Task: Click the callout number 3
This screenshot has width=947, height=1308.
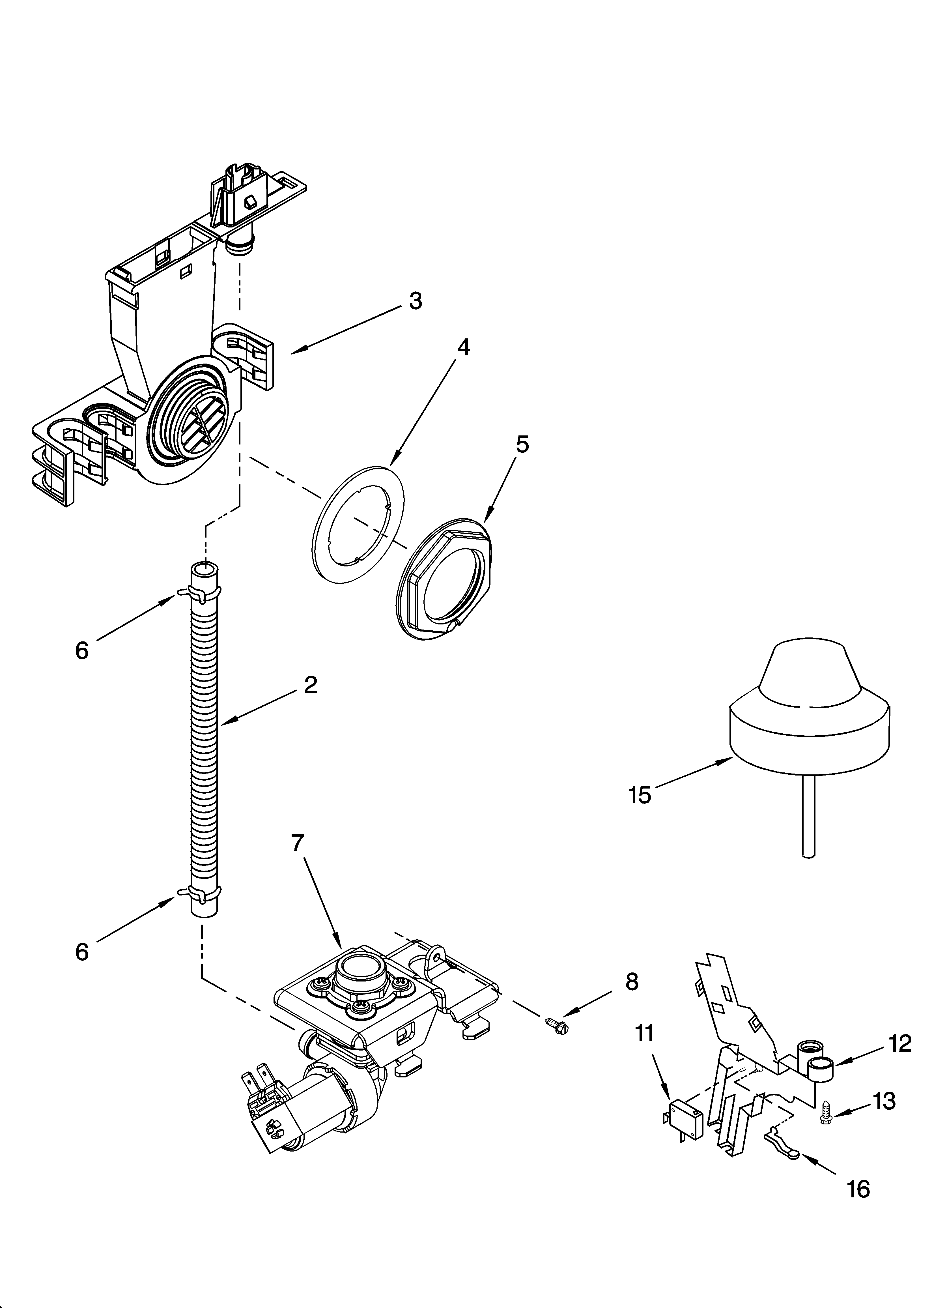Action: point(415,301)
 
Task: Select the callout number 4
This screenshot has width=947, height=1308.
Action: point(463,348)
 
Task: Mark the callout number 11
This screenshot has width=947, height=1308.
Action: point(645,1033)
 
